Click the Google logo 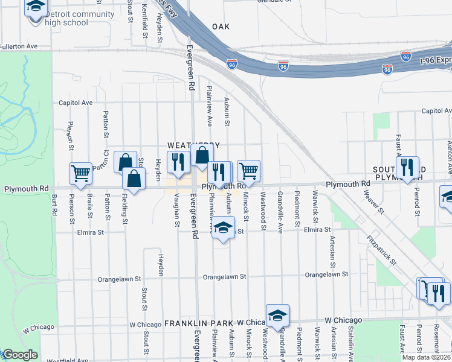[x=19, y=355]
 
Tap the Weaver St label [x=373, y=201]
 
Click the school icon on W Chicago [x=277, y=316]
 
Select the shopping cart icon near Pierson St [x=80, y=173]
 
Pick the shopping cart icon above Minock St [x=248, y=171]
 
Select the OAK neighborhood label [x=221, y=27]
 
